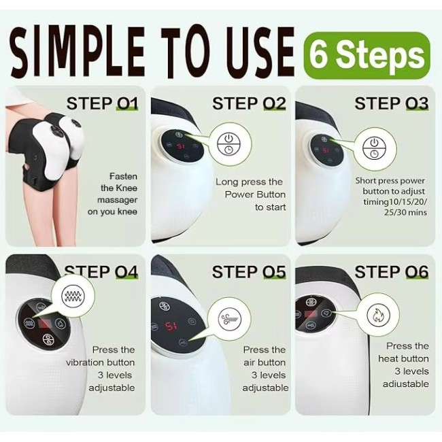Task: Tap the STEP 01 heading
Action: [x=102, y=103]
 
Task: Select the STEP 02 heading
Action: [x=249, y=103]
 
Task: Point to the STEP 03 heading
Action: [x=392, y=103]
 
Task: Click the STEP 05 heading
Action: [x=249, y=272]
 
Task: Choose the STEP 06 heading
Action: [x=392, y=272]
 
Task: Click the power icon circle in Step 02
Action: [x=228, y=144]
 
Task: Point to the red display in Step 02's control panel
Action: [x=181, y=146]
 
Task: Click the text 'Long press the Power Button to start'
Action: [x=250, y=194]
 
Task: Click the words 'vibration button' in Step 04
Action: [x=100, y=362]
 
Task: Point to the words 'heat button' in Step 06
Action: [x=403, y=358]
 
